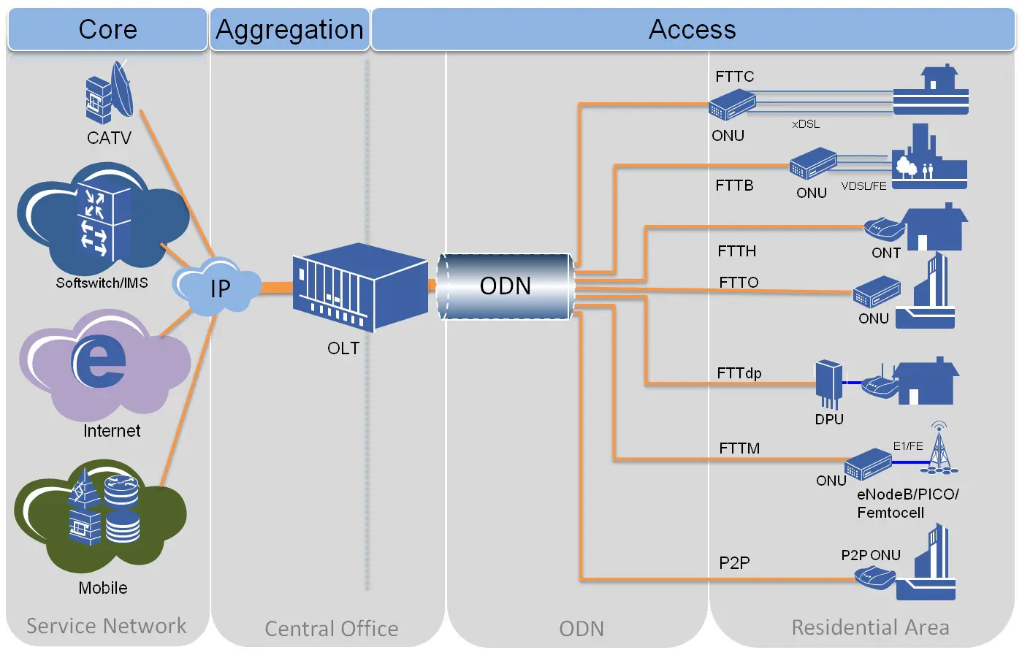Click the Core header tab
point(107,29)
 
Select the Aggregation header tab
point(289,29)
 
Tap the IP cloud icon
point(218,287)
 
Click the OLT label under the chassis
point(343,348)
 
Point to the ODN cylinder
point(506,286)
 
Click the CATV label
point(109,138)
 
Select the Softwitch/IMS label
point(102,283)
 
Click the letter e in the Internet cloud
point(99,361)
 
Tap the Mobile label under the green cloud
point(103,588)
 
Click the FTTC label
point(734,77)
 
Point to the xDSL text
point(806,124)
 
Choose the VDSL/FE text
point(863,186)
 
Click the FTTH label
point(736,251)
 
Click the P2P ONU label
point(870,555)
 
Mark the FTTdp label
point(739,373)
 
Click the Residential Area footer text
point(870,627)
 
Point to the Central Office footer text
point(331,629)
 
